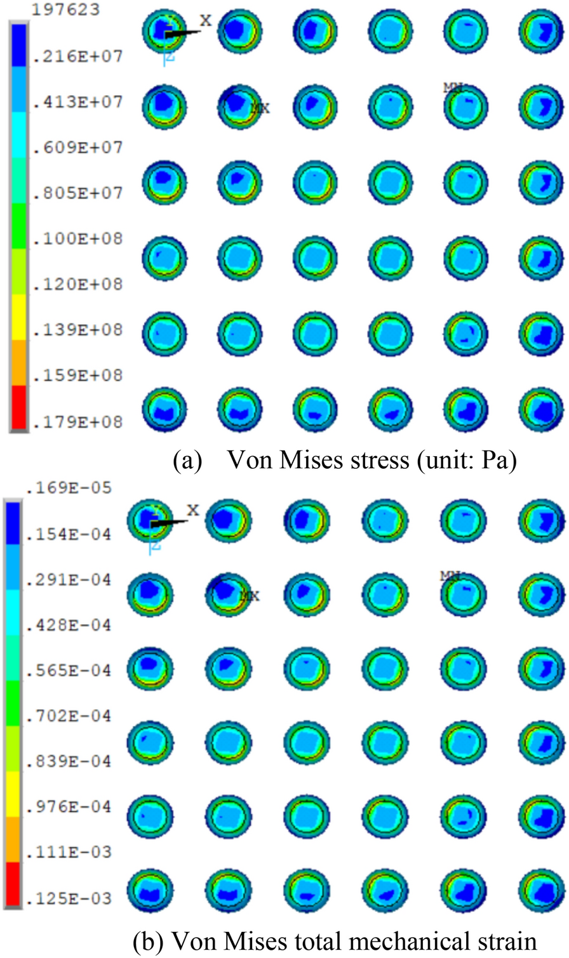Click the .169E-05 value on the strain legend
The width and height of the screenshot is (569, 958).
click(69, 489)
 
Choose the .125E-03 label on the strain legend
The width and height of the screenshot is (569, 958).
click(69, 898)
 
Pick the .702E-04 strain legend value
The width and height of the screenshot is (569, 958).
click(69, 716)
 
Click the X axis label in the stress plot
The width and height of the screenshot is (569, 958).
click(206, 20)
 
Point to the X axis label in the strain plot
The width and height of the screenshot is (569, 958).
click(192, 509)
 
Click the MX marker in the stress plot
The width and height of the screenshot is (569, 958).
click(260, 108)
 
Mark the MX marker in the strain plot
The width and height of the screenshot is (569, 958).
click(250, 596)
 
